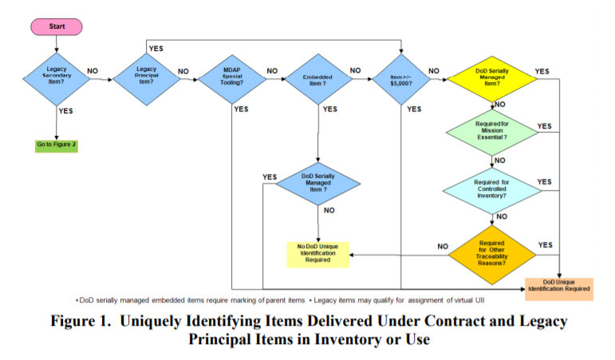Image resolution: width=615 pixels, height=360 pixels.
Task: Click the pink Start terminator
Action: [57, 27]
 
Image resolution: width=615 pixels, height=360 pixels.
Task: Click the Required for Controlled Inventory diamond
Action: [491, 188]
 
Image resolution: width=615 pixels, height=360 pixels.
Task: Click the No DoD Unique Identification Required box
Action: [317, 253]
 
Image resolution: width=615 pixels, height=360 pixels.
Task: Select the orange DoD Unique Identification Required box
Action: [558, 287]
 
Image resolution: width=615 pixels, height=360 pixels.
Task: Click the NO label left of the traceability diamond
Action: [442, 247]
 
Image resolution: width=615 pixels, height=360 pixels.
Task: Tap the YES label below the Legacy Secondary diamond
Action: [65, 111]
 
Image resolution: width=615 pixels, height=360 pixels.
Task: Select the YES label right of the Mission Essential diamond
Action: [544, 126]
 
